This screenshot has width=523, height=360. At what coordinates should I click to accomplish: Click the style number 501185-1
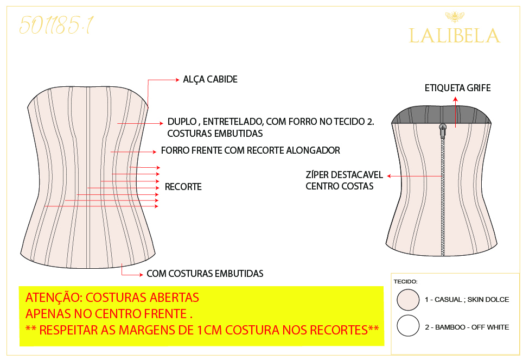56,26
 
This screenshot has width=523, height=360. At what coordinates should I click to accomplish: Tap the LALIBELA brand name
455,36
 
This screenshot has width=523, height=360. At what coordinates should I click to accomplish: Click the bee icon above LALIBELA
455,16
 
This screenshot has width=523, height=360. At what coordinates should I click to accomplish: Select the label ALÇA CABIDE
210,79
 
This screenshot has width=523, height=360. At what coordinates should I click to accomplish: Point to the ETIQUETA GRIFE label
458,88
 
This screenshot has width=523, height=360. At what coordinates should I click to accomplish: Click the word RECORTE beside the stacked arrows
183,187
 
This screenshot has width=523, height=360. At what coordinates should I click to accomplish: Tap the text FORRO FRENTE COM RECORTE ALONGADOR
251,150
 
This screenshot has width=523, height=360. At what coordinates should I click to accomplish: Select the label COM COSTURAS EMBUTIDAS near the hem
205,274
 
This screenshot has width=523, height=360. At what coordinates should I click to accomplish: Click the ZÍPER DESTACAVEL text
344,175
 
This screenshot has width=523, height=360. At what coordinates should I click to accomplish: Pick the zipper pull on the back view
443,130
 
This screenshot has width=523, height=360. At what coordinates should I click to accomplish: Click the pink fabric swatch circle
408,300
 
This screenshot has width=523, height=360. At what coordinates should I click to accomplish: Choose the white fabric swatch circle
408,326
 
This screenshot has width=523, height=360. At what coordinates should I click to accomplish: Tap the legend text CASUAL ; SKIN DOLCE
471,300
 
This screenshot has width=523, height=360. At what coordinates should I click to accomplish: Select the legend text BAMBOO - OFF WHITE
472,327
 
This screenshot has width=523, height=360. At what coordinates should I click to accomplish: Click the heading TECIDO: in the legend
406,281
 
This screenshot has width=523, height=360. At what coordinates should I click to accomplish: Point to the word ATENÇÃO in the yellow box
54,297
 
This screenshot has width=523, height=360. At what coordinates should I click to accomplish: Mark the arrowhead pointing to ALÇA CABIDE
177,80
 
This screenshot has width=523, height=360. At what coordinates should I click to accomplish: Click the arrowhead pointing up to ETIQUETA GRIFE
455,99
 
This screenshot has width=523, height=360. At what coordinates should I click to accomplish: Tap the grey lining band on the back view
441,115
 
